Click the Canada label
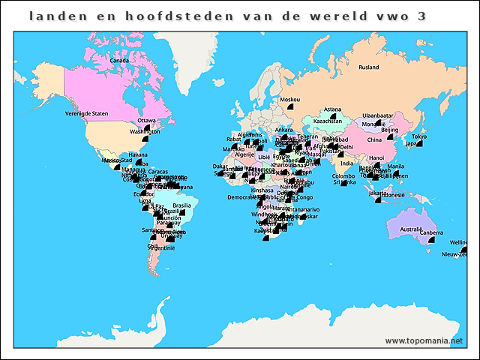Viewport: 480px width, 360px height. (119, 61)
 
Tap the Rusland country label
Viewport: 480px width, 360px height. (368, 67)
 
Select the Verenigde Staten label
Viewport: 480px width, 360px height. (87, 113)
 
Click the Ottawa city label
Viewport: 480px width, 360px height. (146, 121)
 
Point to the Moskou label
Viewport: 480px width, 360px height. (289, 100)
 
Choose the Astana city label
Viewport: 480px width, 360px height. (332, 109)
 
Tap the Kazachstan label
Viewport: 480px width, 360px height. (327, 121)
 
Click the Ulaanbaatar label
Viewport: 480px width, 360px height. (378, 115)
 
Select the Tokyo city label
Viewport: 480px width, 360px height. (418, 136)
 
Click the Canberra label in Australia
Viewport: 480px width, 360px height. (431, 232)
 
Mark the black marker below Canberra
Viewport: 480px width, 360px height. (431, 241)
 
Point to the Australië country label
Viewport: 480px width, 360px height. (411, 229)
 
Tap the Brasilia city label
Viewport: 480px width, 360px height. (181, 205)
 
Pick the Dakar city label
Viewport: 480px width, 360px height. (220, 166)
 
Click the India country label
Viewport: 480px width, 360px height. (346, 163)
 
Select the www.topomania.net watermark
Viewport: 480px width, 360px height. (424, 340)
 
